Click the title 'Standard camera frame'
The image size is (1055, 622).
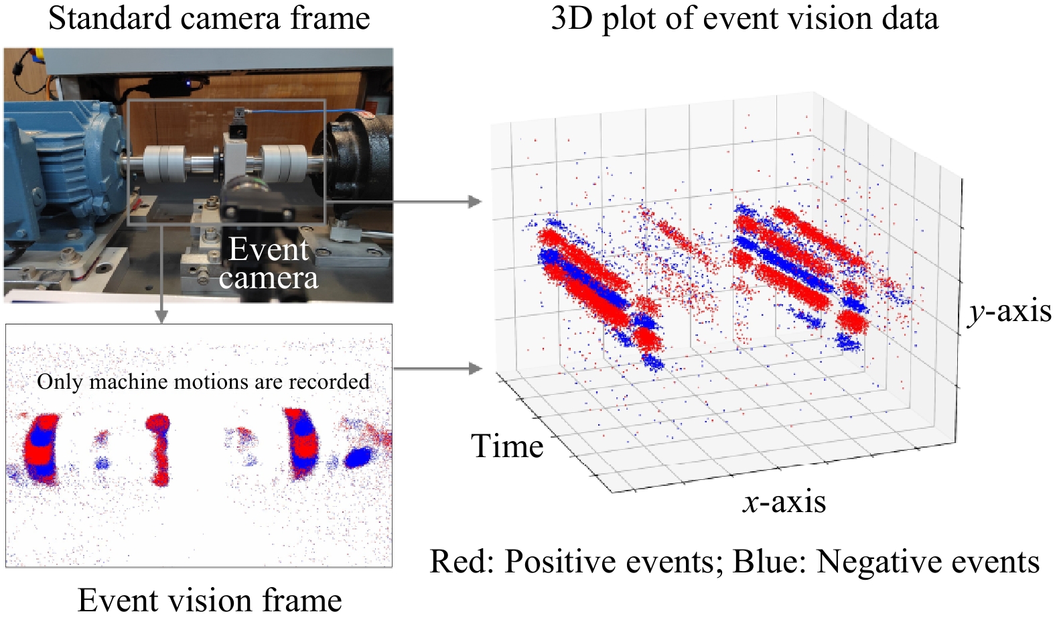[209, 18]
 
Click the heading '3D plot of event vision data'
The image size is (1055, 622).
[744, 18]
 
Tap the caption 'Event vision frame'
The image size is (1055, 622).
[210, 600]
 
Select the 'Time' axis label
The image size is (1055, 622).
[507, 446]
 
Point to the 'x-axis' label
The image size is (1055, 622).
[784, 502]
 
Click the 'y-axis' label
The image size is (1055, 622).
[1009, 312]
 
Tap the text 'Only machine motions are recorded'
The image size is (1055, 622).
[203, 381]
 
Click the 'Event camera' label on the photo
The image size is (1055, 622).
[269, 263]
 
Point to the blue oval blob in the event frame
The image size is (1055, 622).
[358, 457]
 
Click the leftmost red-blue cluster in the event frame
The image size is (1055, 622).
[41, 448]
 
